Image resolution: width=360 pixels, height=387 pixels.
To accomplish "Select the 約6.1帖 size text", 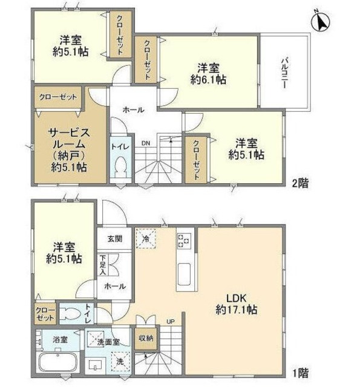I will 208,79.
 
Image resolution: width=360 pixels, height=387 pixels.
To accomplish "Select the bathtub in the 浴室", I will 57,364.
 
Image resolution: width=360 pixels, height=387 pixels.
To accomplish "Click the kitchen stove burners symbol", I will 184,240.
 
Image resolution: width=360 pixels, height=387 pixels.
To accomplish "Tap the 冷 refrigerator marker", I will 146,239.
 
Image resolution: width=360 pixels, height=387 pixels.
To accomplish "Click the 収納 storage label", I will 146,337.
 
